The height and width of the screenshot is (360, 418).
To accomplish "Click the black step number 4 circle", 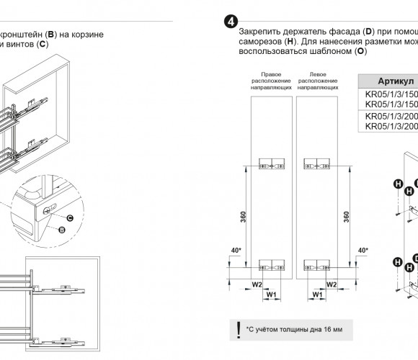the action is (x=231, y=22).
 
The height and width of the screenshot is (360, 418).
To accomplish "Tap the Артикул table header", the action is (x=396, y=81).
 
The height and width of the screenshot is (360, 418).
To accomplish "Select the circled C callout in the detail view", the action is (x=70, y=218).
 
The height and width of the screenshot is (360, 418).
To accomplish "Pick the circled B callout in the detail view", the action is (x=62, y=230).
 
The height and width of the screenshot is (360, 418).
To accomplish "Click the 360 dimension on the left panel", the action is (x=243, y=217).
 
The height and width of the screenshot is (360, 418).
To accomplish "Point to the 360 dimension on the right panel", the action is (x=346, y=217).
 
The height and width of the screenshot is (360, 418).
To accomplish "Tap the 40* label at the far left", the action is (x=236, y=251).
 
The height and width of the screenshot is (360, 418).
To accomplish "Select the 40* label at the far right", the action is (x=363, y=251).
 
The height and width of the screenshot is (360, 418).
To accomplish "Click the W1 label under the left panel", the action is (x=271, y=294).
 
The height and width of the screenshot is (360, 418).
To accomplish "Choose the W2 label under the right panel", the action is (x=332, y=284).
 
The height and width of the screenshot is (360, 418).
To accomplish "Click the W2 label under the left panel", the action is (x=257, y=284).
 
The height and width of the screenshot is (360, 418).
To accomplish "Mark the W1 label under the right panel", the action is (x=317, y=294).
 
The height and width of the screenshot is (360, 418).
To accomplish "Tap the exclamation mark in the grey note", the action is (x=239, y=330).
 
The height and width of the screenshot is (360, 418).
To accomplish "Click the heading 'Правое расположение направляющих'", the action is (x=271, y=81).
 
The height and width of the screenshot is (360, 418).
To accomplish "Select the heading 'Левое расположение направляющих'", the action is (x=318, y=81).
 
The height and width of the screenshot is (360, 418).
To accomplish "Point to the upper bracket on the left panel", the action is (x=272, y=163).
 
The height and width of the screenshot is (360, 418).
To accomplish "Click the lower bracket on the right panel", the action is (x=316, y=265).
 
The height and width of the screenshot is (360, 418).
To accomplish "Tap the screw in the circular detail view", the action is (x=47, y=211).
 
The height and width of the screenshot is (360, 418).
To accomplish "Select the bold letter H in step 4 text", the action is (x=290, y=42).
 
